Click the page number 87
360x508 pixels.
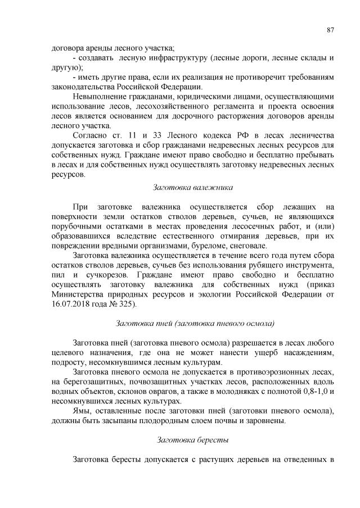pyautogui.click(x=330, y=30)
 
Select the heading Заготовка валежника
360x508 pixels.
pyautogui.click(x=193, y=187)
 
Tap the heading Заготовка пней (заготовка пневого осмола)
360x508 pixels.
pyautogui.click(x=194, y=323)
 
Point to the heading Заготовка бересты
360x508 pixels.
pyautogui.click(x=193, y=440)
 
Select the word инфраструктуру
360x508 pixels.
pyautogui.click(x=177, y=58)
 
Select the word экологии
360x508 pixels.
pyautogui.click(x=224, y=293)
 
